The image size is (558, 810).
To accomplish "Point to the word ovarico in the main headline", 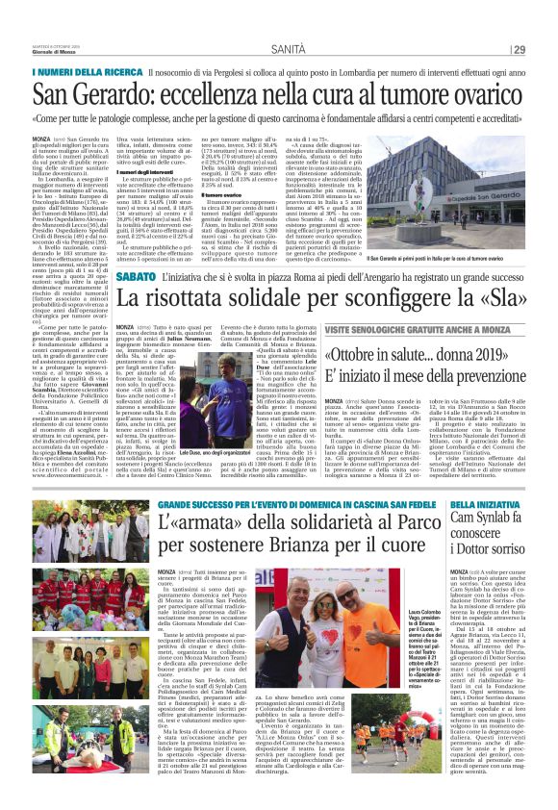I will [467, 95].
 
